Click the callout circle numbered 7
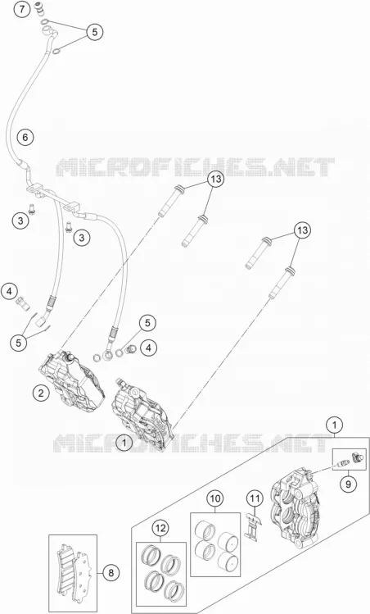click(x=23, y=9)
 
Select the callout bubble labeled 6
click(x=25, y=138)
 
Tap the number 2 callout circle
click(x=41, y=393)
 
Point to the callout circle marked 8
click(x=111, y=573)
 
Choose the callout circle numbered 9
click(x=348, y=484)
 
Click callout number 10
click(x=215, y=499)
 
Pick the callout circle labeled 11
click(x=255, y=499)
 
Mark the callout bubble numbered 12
click(x=160, y=529)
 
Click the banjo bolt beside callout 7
click(x=39, y=9)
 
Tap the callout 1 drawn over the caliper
click(x=124, y=443)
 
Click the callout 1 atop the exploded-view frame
click(x=334, y=425)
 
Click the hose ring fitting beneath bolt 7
click(x=47, y=30)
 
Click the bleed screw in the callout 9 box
click(x=342, y=464)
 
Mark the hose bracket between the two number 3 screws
click(x=53, y=196)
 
